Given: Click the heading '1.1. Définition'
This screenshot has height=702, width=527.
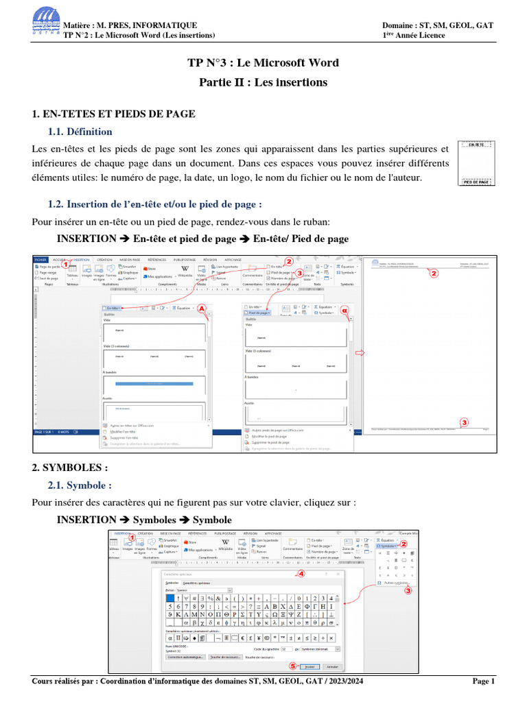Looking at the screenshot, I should pos(80,132).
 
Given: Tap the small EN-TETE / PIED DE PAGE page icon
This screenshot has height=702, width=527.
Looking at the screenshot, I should pos(477,163).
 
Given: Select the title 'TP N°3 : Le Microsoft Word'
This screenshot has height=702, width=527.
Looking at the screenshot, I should pos(263,63).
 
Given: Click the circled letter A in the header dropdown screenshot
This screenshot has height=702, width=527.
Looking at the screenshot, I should pos(202,308).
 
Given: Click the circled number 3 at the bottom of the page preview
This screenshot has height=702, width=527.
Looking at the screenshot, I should pos(464,422).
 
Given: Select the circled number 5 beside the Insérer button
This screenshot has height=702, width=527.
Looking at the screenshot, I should pos(293,665).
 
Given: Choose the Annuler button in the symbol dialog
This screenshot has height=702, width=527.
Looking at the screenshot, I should pos(331,666).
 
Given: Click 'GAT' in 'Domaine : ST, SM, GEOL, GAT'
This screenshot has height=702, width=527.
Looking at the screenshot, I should pos(482,25).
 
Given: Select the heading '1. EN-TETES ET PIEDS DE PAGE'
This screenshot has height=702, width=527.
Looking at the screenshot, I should pos(114,113).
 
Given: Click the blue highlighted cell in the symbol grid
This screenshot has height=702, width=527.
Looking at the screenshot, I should pos(171,597).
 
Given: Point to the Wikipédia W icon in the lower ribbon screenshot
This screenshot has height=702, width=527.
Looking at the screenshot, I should pos(225,542).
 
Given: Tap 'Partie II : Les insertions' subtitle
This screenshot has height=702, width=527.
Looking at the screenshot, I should pos(263,82).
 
